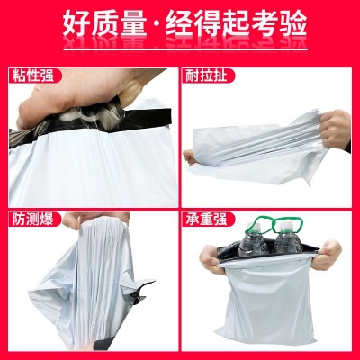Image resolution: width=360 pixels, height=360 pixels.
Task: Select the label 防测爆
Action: point(32,220)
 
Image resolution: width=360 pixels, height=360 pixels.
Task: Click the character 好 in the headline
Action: point(76,23)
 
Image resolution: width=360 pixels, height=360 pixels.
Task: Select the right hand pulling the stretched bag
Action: point(335,130)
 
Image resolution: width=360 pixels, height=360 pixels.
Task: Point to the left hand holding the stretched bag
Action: point(191,157)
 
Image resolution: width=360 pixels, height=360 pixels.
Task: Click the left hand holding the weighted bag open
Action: point(211,258)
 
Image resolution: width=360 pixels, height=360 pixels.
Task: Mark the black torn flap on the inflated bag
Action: point(141,290)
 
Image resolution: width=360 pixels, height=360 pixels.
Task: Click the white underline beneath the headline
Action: point(185,49)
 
